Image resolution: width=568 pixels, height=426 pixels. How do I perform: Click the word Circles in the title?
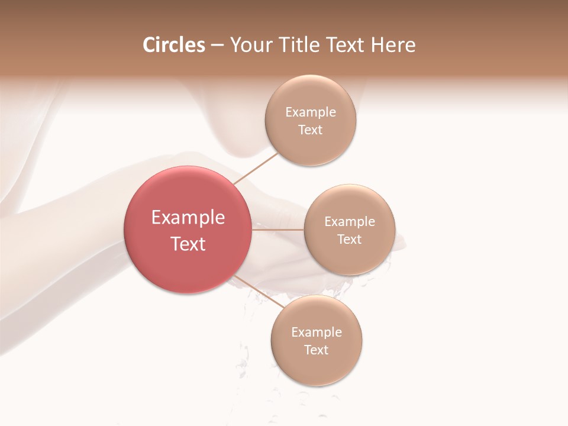173,45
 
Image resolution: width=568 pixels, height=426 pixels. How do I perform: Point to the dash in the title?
217,46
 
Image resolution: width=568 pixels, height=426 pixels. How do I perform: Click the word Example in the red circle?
188,218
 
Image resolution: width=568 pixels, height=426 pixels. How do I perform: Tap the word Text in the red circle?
188,244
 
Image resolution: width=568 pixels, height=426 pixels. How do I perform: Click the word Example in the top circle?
311,112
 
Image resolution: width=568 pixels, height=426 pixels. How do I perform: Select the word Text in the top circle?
311,130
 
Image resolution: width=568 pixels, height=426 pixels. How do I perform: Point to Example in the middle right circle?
350,221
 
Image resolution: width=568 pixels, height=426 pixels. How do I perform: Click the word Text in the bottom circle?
317,350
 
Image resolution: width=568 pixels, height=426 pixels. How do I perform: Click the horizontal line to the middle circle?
278,230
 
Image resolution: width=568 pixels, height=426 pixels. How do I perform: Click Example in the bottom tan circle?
317,332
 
